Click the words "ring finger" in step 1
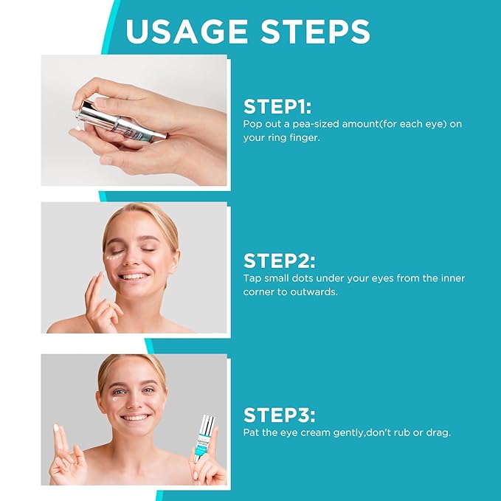coord(294,137)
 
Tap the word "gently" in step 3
coord(335,432)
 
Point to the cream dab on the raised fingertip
coord(58,429)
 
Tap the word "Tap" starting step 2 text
coord(252,278)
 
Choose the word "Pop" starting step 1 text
coord(253,124)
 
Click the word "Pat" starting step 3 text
coord(252,432)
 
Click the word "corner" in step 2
coord(260,291)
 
